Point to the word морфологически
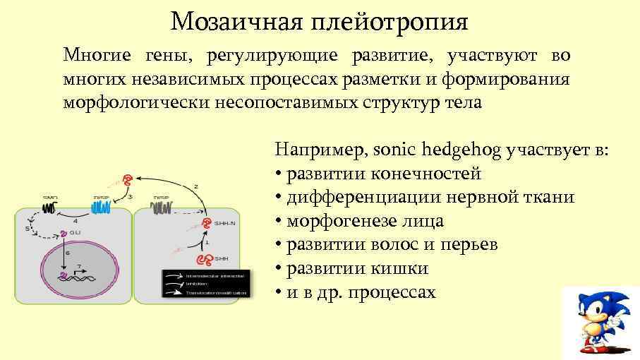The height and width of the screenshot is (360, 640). coord(129,102)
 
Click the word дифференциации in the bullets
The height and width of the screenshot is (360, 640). coord(360,197)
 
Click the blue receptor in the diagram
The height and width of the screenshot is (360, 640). coord(101,208)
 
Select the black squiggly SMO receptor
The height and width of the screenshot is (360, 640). coord(50,208)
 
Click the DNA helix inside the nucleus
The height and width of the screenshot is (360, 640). coord(74,277)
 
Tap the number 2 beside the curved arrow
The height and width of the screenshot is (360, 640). coord(195,186)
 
